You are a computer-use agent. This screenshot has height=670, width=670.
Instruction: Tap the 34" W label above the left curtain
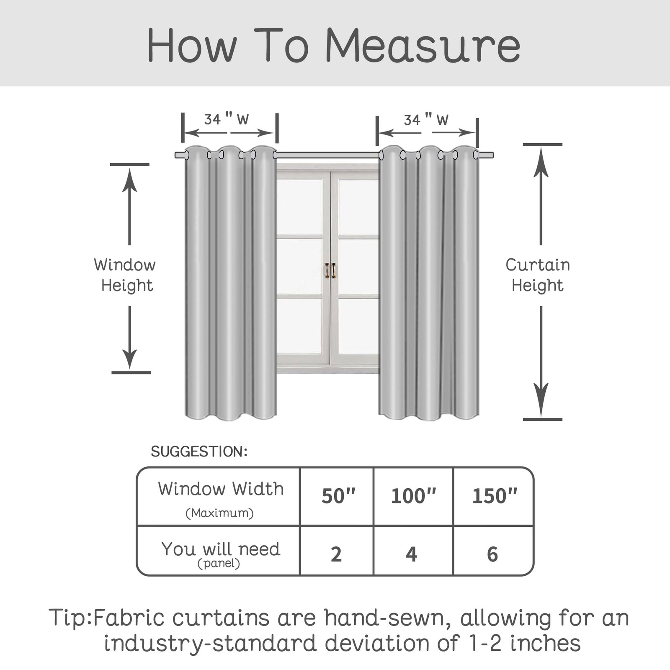227,119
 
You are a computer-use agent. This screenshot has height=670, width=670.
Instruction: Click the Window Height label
125,275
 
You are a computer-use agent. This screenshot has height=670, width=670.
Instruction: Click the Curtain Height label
538,275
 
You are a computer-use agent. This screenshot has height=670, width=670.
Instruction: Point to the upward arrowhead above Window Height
129,180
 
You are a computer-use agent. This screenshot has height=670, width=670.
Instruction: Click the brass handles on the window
330,271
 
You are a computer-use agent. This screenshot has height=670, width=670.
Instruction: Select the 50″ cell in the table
337,496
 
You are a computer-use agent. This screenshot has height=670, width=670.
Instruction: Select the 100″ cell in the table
413,496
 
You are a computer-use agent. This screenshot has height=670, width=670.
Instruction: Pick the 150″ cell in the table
494,496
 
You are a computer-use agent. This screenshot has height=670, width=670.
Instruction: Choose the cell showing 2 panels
337,551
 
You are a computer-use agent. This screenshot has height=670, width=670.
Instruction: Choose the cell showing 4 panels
413,551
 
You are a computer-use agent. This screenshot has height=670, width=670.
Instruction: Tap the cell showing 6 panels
494,551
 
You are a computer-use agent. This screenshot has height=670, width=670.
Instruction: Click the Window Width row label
221,489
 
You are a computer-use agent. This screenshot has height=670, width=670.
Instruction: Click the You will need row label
221,549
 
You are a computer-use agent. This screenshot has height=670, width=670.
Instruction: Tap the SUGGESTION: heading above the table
199,451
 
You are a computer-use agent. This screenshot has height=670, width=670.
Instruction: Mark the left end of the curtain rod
176,155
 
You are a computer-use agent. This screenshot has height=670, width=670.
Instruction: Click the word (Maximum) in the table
220,513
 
